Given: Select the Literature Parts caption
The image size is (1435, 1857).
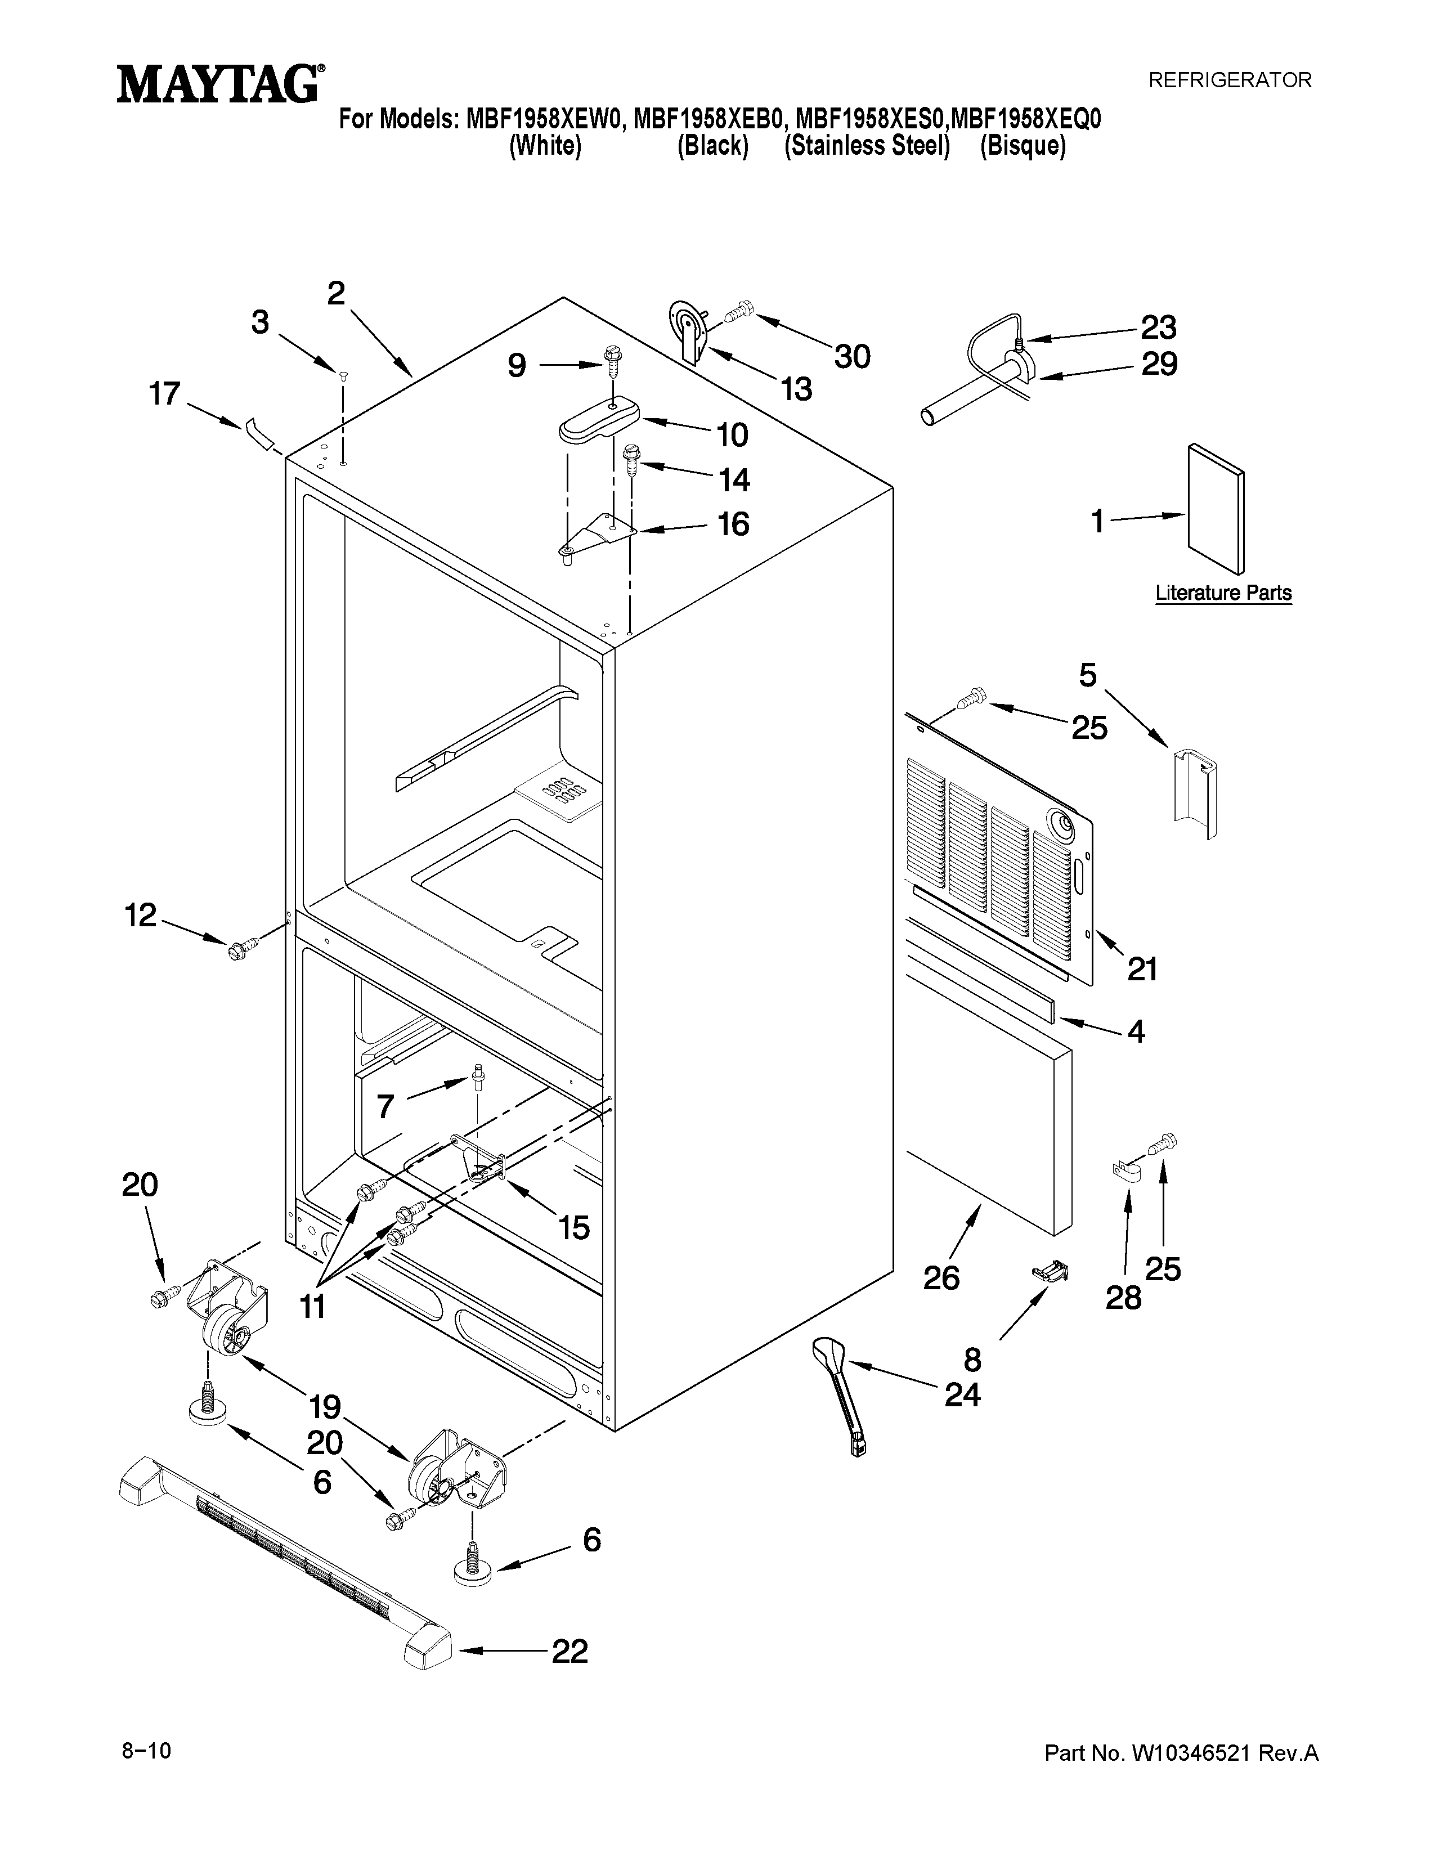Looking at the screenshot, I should click(1222, 593).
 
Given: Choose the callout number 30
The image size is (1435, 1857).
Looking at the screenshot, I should click(852, 356).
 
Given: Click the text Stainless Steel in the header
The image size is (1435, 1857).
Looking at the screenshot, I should click(866, 146).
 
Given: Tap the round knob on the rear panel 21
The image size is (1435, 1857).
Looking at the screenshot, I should click(1060, 823).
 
